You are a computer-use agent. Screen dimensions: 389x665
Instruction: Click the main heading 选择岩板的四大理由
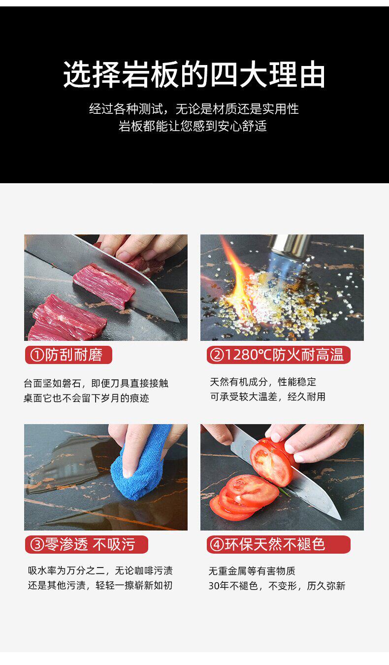coord(194,74)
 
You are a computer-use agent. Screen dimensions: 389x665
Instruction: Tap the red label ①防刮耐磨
coord(68,355)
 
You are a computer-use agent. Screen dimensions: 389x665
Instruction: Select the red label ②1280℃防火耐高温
coord(279,355)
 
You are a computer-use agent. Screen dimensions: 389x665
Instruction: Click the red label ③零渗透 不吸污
coord(86,544)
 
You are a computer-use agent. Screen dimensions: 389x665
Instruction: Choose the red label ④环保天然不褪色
coord(279,544)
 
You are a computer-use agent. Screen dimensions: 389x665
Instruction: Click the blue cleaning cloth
coord(139,472)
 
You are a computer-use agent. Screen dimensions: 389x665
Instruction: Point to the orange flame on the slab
coord(237,276)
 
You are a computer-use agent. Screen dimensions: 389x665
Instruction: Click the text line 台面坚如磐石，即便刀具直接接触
coord(96,383)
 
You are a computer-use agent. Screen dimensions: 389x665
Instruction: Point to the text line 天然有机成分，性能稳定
coord(263,382)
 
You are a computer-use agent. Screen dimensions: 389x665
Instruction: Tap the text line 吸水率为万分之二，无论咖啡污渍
coord(100,570)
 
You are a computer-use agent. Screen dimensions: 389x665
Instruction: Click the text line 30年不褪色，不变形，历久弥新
coord(277,586)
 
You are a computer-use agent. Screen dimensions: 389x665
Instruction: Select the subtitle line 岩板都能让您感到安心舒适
coord(193,126)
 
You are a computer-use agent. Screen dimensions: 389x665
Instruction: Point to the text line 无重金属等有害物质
coord(252,570)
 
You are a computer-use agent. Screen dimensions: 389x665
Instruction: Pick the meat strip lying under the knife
coord(104,287)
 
